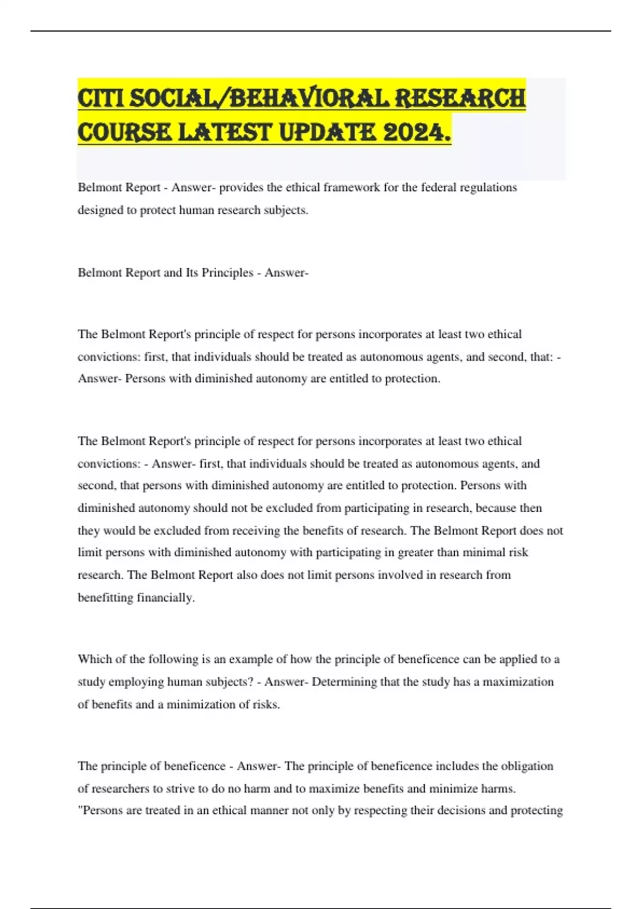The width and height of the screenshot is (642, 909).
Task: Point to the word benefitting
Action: [105, 598]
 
